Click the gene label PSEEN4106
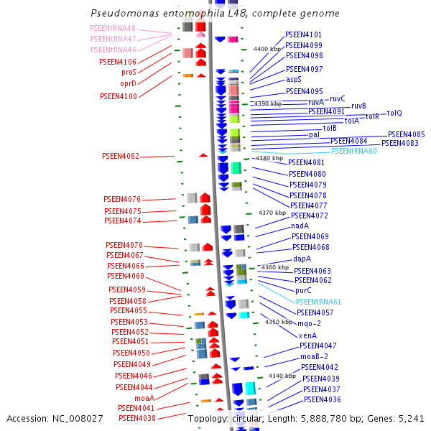[118, 62]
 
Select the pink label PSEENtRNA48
[113, 28]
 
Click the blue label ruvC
[338, 98]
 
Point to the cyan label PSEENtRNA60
[353, 151]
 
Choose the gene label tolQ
[394, 113]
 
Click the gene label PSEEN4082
[121, 156]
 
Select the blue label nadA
[300, 226]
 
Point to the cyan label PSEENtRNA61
[318, 302]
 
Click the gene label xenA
[307, 335]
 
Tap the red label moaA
[144, 397]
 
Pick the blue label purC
[303, 290]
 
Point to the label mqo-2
[307, 324]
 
